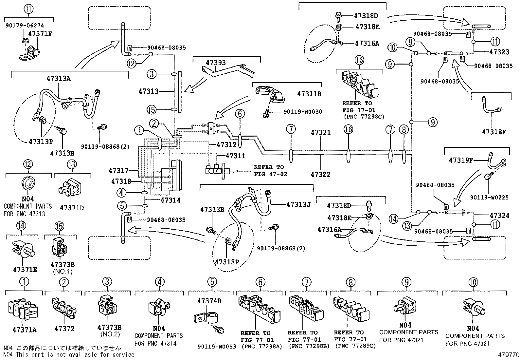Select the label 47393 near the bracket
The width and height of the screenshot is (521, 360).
tap(216, 63)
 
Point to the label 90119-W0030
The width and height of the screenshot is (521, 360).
tap(302, 112)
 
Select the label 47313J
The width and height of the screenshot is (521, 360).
tap(298, 204)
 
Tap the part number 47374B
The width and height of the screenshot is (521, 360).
tap(209, 301)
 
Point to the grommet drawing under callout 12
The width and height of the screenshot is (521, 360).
tap(28, 182)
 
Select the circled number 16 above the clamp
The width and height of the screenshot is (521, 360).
tap(359, 60)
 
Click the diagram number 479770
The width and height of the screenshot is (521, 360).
tap(507, 354)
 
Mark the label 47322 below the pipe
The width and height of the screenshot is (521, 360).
tap(320, 175)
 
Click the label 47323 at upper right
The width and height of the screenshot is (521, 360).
tap(499, 52)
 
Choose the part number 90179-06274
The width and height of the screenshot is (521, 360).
tap(25, 25)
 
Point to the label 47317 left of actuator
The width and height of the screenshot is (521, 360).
tap(118, 170)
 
